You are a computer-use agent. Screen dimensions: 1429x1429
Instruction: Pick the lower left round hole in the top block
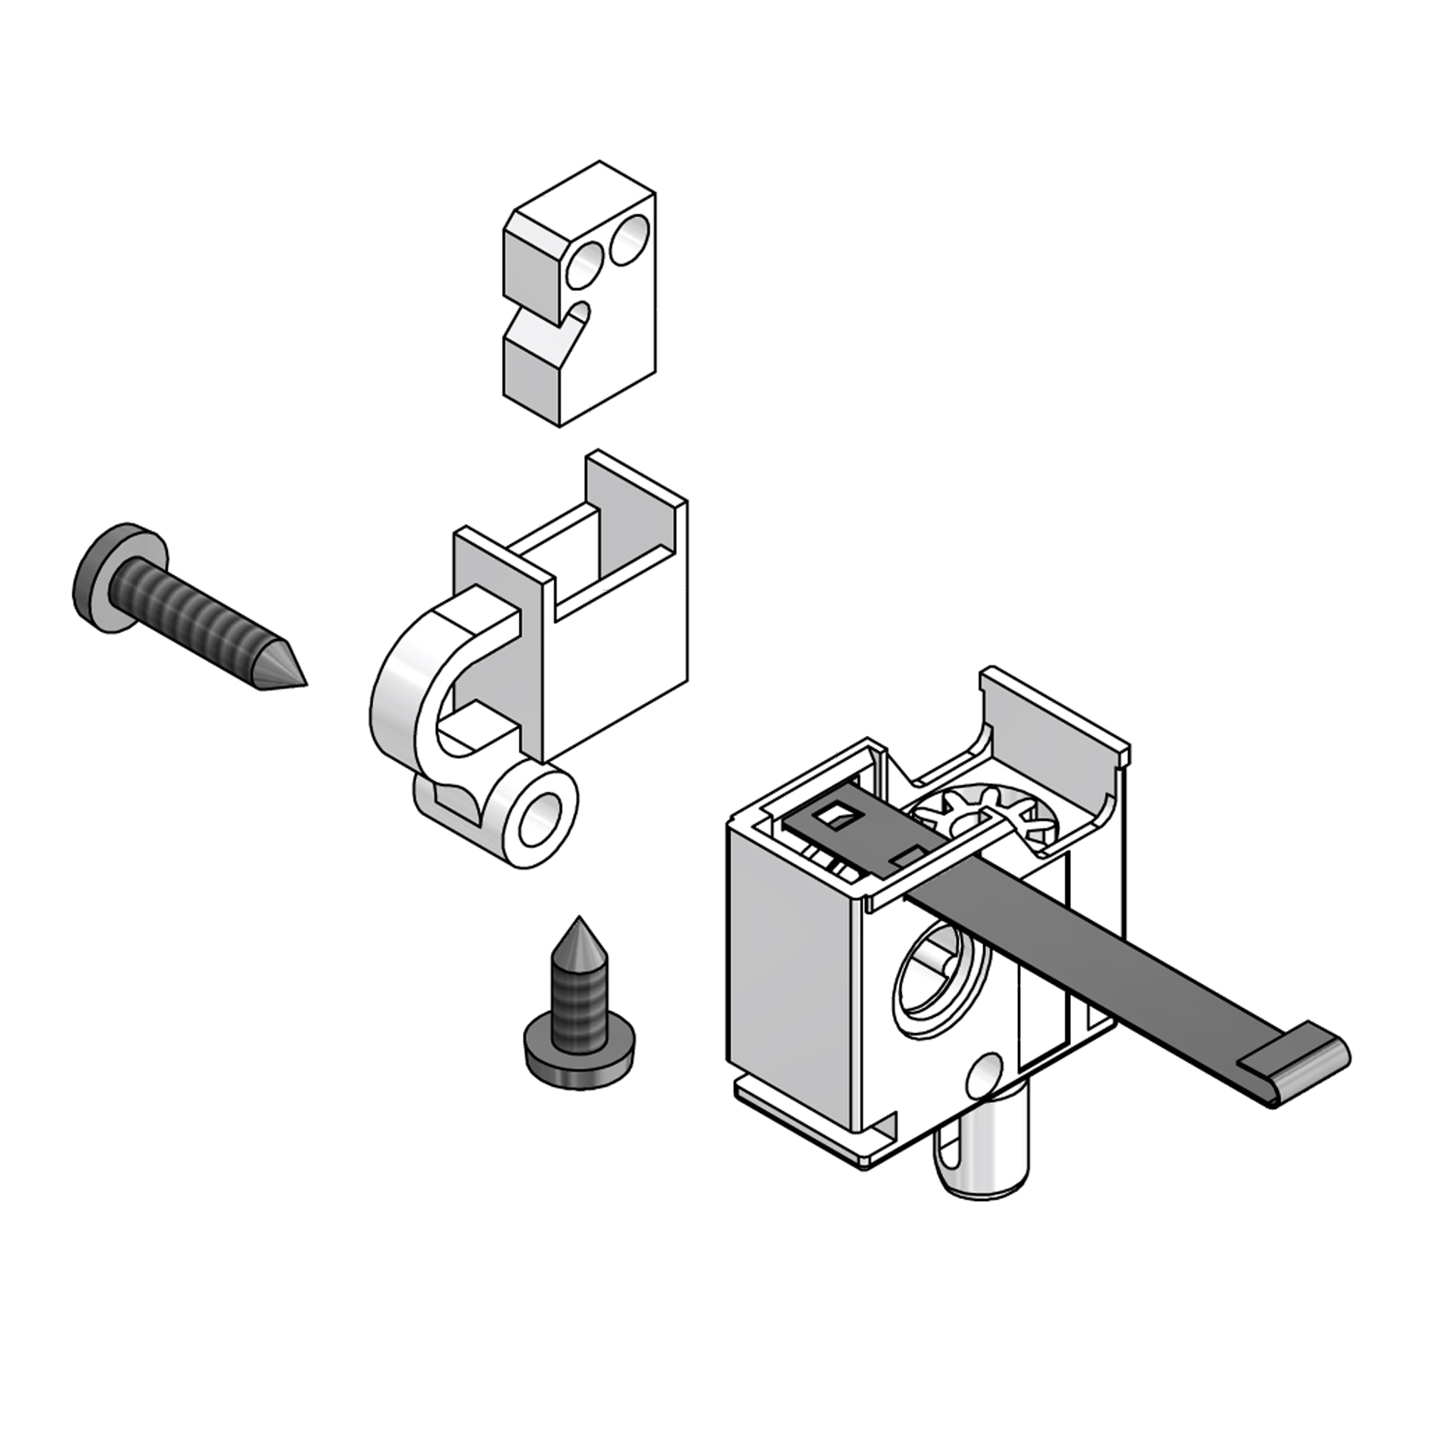[x=584, y=267]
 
